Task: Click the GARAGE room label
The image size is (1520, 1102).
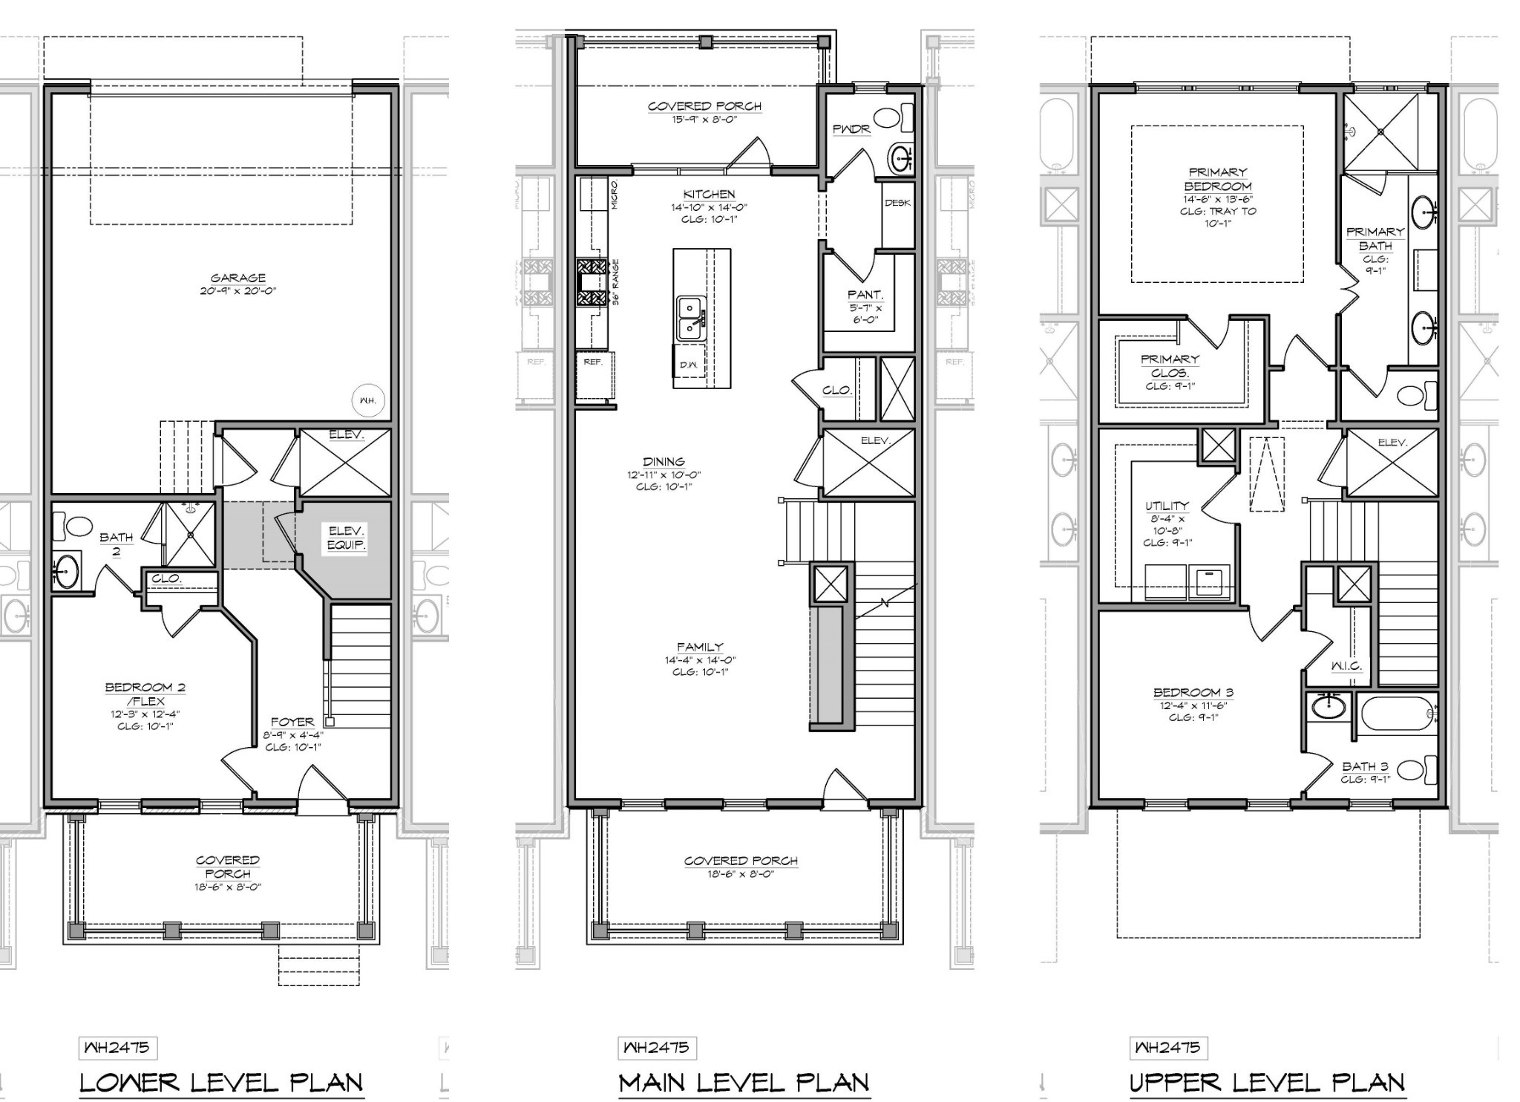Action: click(237, 278)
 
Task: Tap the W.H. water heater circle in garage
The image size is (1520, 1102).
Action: click(368, 400)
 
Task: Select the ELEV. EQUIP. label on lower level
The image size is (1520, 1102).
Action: click(347, 538)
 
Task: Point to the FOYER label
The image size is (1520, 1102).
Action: click(292, 722)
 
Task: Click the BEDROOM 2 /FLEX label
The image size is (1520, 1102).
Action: click(145, 694)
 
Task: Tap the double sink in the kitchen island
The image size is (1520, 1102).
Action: click(691, 318)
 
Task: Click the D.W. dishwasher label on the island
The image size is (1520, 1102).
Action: click(688, 365)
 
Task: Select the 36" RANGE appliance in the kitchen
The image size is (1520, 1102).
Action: click(592, 282)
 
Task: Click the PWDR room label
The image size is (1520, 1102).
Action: click(851, 129)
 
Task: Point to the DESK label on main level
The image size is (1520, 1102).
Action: click(897, 203)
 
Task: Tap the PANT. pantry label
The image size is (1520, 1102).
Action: click(865, 295)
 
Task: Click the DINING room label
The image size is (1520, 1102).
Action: click(664, 462)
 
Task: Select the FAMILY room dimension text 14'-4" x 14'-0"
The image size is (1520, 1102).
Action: click(700, 660)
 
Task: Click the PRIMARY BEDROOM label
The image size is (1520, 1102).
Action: click(1217, 179)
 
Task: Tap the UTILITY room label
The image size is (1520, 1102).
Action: click(1167, 506)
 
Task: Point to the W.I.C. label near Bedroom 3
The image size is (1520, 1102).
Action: click(1346, 666)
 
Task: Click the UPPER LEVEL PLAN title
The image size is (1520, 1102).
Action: click(1267, 1083)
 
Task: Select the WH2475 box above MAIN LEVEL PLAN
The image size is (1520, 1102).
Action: click(657, 1048)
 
